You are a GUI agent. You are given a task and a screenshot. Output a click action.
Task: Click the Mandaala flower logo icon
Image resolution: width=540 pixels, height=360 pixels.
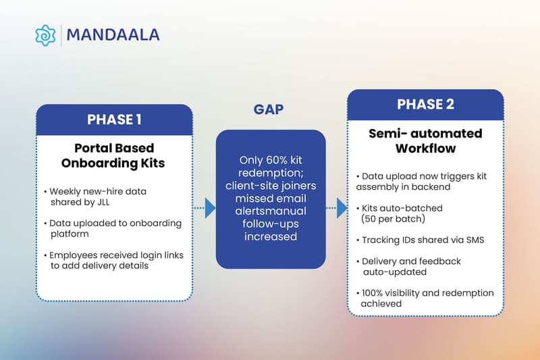pos(45,35)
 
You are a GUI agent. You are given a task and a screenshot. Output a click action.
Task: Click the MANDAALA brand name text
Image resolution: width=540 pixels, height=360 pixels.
pos(113,35)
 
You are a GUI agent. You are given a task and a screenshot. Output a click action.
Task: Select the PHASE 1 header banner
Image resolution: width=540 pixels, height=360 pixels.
pos(114,120)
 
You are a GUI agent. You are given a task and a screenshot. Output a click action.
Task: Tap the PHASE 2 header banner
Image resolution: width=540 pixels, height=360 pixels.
pos(425,105)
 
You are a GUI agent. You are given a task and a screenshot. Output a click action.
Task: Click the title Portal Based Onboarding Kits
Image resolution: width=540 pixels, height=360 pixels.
pos(114,155)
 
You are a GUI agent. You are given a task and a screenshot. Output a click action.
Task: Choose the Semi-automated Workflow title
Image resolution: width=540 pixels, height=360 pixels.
pos(425,140)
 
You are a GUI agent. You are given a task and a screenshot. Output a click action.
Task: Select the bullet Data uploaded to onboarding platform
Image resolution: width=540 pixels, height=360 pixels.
pos(114,228)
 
